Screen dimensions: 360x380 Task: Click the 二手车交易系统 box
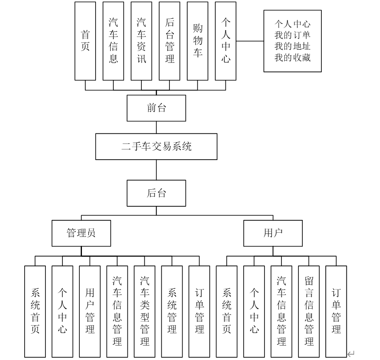(157, 147)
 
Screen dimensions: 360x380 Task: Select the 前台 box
(156, 108)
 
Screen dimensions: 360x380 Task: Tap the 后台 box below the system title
(156, 193)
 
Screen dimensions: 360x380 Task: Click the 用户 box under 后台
(273, 233)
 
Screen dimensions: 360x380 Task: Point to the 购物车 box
(198, 41)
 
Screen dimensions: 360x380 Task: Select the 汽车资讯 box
(141, 41)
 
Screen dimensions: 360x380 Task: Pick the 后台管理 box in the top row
(170, 41)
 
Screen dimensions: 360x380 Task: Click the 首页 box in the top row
(85, 41)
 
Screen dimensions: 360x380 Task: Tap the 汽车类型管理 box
(144, 311)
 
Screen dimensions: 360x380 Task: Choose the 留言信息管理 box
(309, 311)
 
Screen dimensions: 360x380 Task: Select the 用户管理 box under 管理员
(90, 311)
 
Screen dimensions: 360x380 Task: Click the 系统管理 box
(172, 311)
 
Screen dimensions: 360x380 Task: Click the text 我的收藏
(293, 57)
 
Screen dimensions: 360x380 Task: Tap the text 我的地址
(293, 46)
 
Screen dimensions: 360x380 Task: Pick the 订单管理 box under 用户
(336, 311)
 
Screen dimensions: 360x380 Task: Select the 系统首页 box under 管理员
(35, 311)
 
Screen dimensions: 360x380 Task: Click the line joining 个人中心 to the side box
(250, 41)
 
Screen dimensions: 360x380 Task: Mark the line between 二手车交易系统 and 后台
(156, 170)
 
